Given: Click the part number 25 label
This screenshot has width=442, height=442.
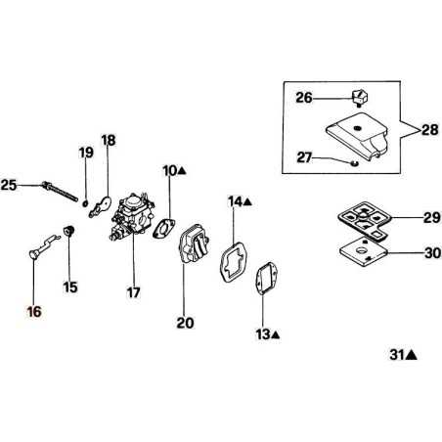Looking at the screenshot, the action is pyautogui.click(x=9, y=186).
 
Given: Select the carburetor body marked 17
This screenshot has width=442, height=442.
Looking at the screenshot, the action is pyautogui.click(x=132, y=216).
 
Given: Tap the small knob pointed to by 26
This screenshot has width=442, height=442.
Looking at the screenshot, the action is pyautogui.click(x=359, y=98).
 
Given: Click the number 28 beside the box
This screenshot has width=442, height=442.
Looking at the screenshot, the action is pyautogui.click(x=430, y=130).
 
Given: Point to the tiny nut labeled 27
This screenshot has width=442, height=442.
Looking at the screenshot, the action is pyautogui.click(x=354, y=162).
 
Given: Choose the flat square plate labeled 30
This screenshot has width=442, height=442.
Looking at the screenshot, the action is pyautogui.click(x=364, y=252).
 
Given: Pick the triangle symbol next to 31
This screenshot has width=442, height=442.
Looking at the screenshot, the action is pyautogui.click(x=412, y=355).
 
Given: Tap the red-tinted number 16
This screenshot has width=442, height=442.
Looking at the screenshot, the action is pyautogui.click(x=34, y=312).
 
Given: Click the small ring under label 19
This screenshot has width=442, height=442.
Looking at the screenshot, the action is pyautogui.click(x=85, y=203).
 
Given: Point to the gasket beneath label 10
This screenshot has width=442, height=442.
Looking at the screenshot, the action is pyautogui.click(x=164, y=228).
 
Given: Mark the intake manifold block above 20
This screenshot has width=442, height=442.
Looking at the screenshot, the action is pyautogui.click(x=194, y=244).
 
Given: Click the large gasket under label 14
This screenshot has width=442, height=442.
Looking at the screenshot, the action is pyautogui.click(x=234, y=261).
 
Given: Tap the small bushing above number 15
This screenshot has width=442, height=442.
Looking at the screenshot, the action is pyautogui.click(x=68, y=231).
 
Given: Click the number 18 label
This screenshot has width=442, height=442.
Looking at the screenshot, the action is pyautogui.click(x=109, y=141).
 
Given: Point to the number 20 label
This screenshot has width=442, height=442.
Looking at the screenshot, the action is pyautogui.click(x=185, y=323).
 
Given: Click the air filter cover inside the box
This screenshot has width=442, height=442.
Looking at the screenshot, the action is pyautogui.click(x=357, y=136).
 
